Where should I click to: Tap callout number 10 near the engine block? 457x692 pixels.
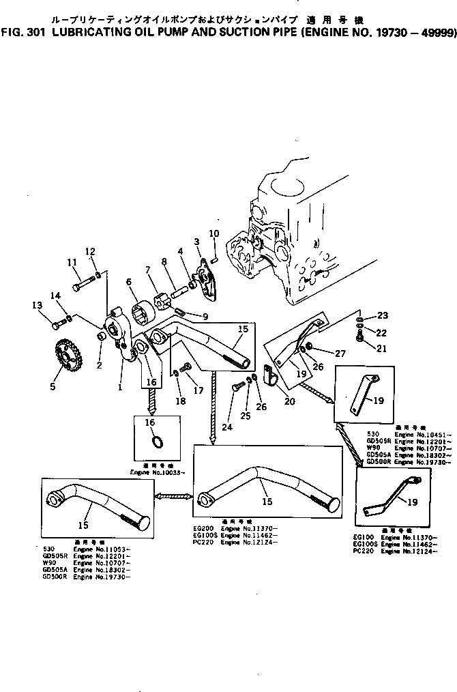[213, 234]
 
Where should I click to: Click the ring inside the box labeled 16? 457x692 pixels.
[156, 443]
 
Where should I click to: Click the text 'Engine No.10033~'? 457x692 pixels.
[154, 472]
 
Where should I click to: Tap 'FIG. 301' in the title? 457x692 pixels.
[20, 32]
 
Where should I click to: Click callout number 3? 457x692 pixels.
[197, 242]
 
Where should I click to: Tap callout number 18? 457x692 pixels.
[180, 402]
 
